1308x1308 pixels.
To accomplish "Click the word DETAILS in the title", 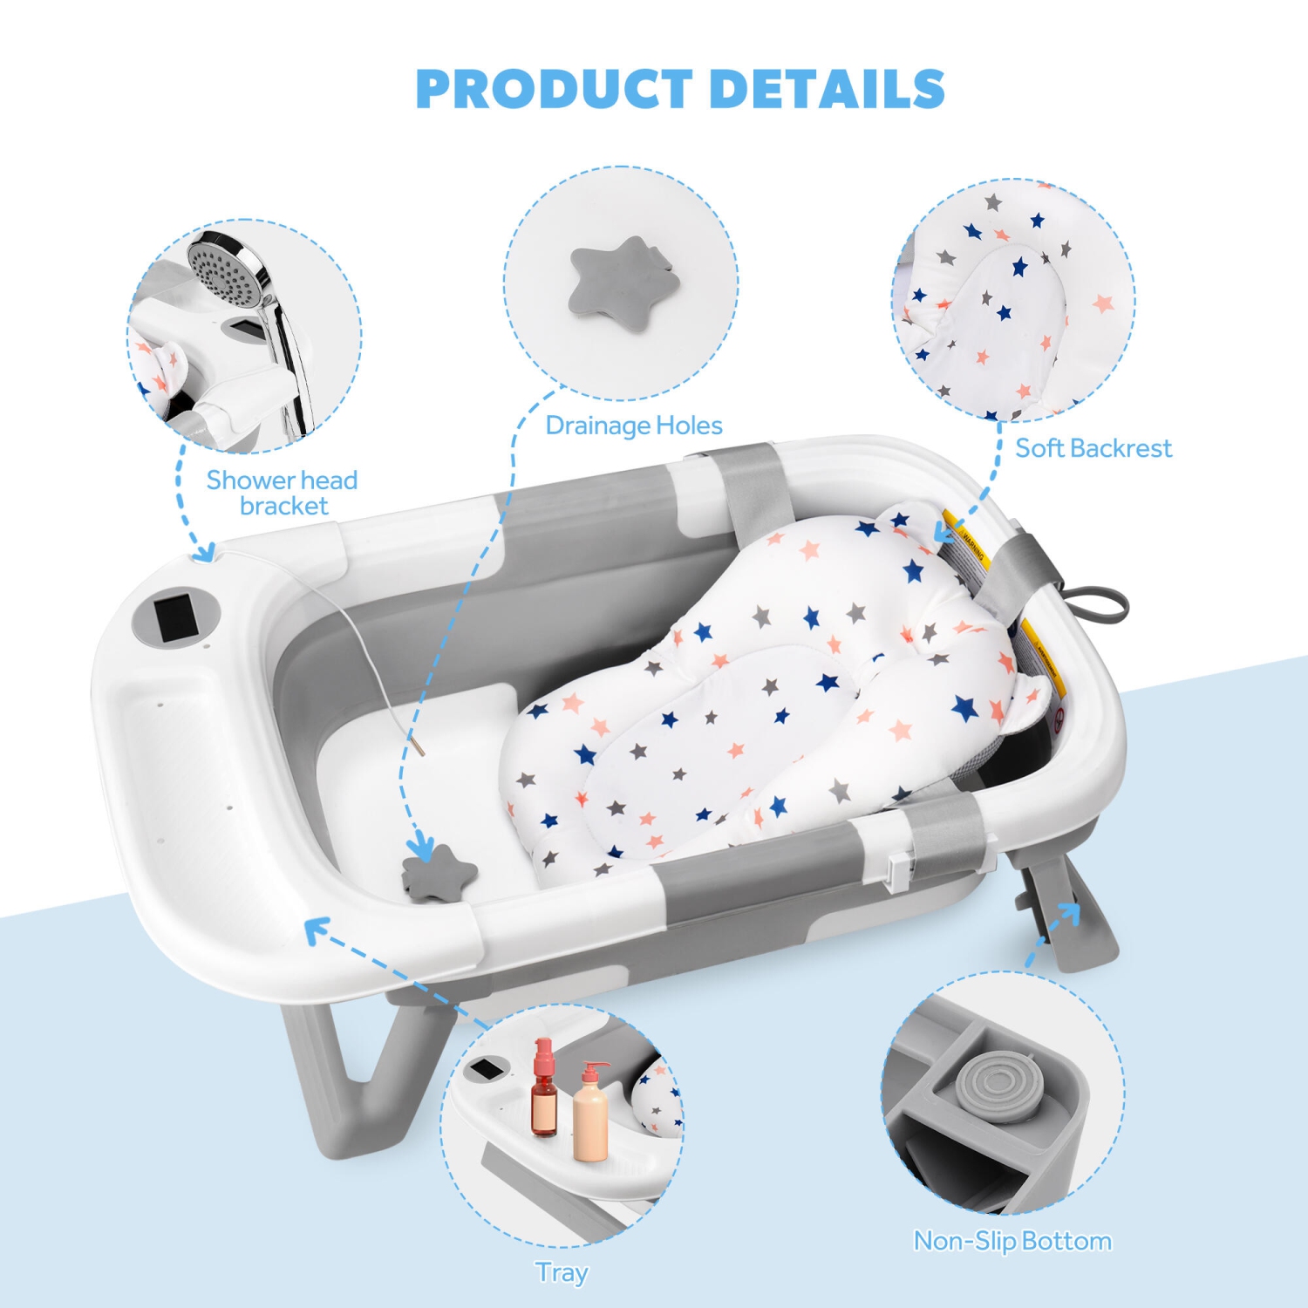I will pyautogui.click(x=828, y=89).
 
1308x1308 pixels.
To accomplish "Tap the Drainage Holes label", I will pyautogui.click(x=634, y=426).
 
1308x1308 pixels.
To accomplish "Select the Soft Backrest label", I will pyautogui.click(x=1093, y=448).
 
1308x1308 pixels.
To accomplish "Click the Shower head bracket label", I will pyautogui.click(x=282, y=493).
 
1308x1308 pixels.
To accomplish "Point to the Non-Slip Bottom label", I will pyautogui.click(x=1012, y=1241).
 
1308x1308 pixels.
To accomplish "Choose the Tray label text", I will pyautogui.click(x=562, y=1272).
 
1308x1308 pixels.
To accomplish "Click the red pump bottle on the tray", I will pyautogui.click(x=544, y=1090).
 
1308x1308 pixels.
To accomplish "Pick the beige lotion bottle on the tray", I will pyautogui.click(x=591, y=1116).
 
